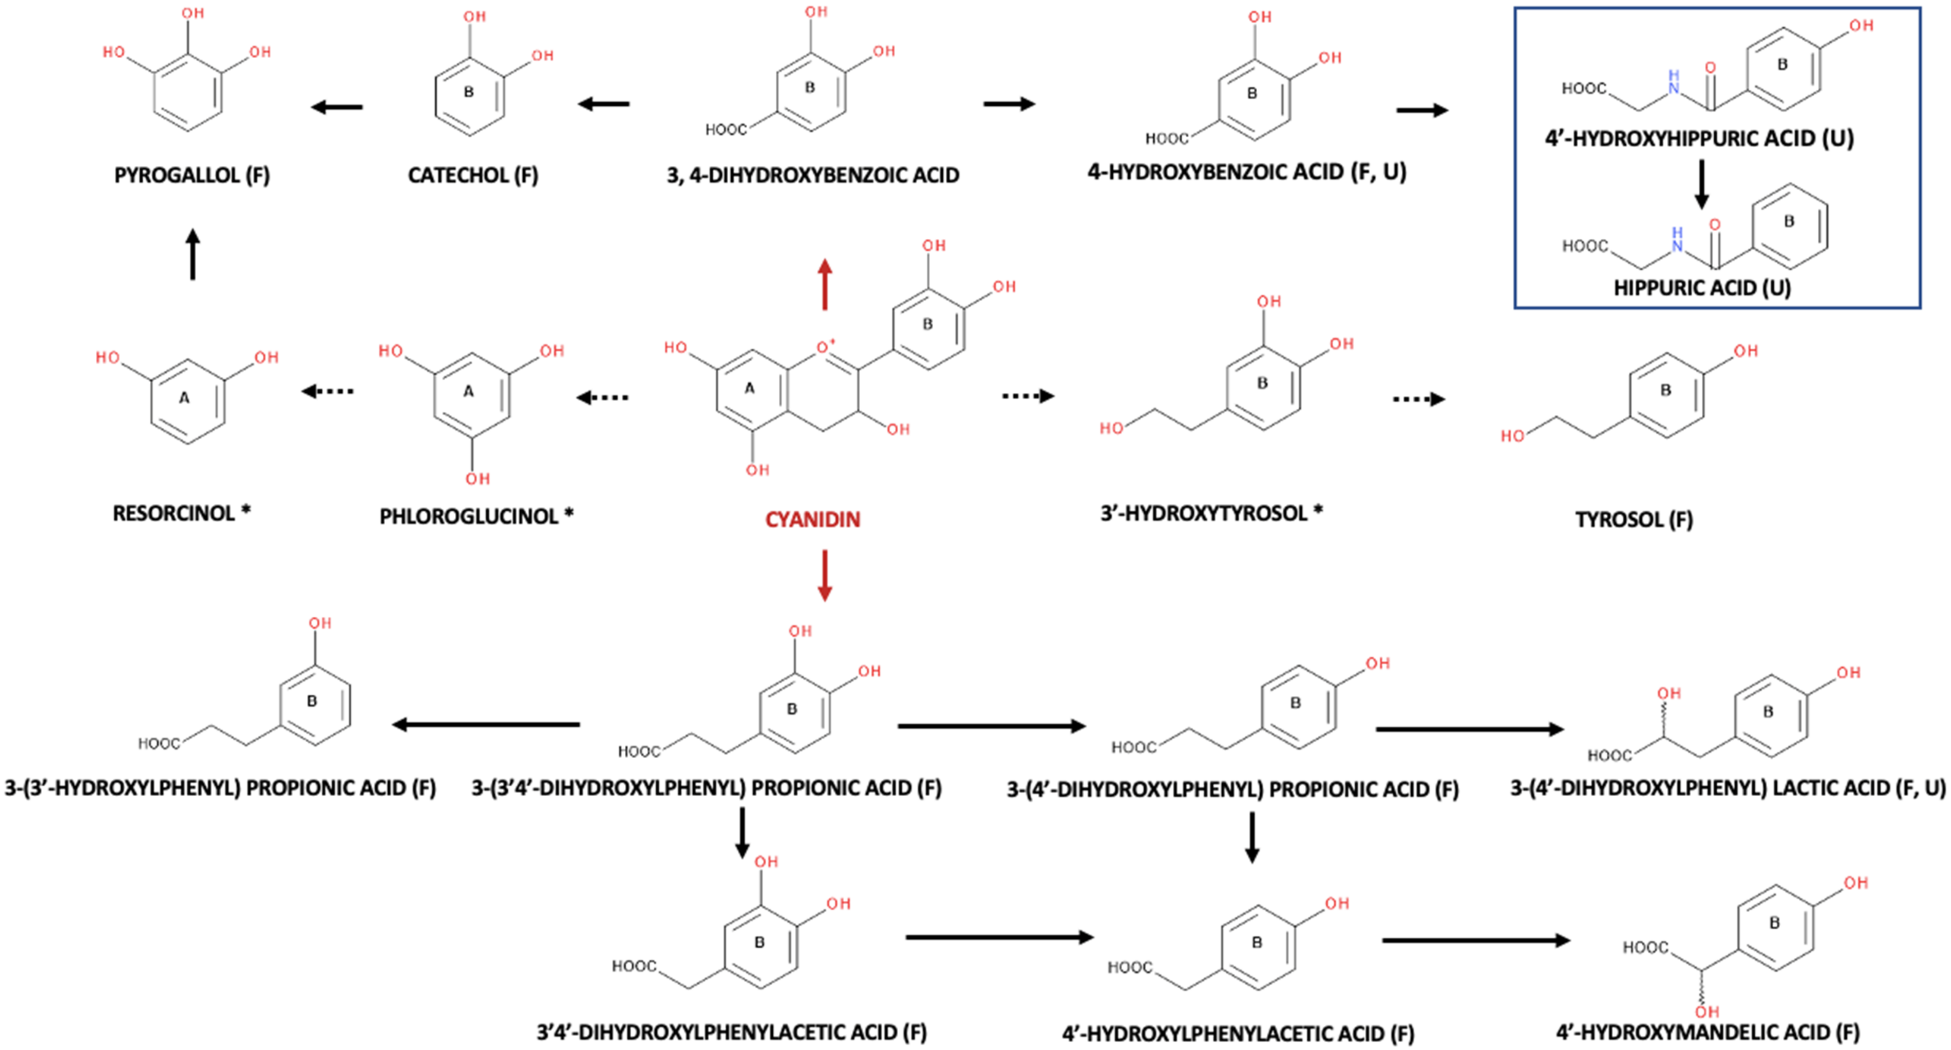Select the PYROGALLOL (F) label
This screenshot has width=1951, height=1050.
pos(192,175)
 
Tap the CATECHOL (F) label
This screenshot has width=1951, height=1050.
pos(473,175)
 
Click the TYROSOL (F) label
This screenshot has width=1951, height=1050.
pos(1634,519)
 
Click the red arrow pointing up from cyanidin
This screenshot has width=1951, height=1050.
pos(825,284)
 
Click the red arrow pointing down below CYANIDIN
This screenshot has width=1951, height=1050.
pos(825,575)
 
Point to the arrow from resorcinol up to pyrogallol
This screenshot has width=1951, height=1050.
pos(192,254)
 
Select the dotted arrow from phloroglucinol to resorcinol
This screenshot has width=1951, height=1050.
pos(327,392)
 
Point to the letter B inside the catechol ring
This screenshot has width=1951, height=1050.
pos(469,92)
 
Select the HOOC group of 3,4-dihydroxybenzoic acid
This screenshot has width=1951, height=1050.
pos(726,129)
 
